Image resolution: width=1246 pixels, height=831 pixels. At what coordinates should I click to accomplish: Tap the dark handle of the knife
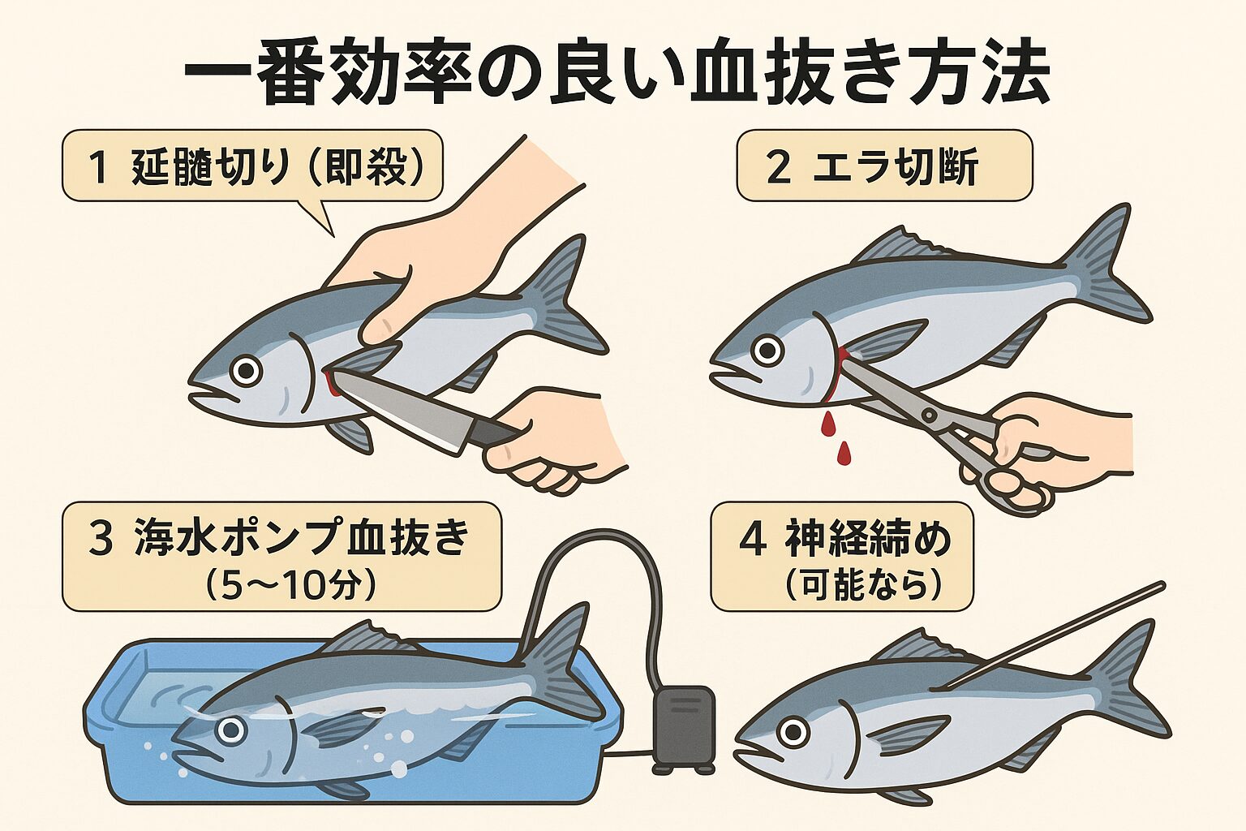pyautogui.click(x=492, y=432)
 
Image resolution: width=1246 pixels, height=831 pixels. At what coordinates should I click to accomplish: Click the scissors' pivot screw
pyautogui.click(x=927, y=415)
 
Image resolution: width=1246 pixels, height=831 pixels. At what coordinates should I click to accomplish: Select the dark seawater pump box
pyautogui.click(x=684, y=729)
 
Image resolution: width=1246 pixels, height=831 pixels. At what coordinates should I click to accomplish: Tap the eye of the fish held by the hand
pyautogui.click(x=246, y=371)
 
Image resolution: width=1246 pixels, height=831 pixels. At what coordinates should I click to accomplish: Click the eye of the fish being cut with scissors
pyautogui.click(x=767, y=350)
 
